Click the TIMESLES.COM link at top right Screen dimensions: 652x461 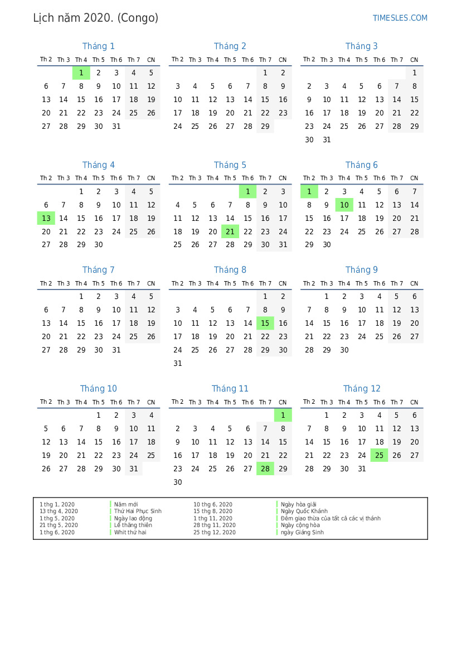(x=400, y=18)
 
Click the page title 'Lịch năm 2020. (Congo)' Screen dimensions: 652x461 (x=96, y=18)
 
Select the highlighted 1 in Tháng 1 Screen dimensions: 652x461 (x=81, y=73)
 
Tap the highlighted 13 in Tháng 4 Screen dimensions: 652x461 (x=46, y=218)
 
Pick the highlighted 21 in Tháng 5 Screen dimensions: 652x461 (x=230, y=231)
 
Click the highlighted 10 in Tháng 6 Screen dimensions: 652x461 (x=344, y=205)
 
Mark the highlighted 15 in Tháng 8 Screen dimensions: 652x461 (x=265, y=323)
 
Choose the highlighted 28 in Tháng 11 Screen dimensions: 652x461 (x=265, y=469)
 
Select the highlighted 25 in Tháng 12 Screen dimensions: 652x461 (x=379, y=456)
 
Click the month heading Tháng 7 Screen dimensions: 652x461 (x=99, y=270)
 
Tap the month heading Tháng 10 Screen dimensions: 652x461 (x=99, y=389)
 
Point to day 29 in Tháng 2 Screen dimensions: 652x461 (x=265, y=127)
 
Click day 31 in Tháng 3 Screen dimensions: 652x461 (x=327, y=140)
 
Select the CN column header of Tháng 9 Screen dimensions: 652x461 (x=414, y=284)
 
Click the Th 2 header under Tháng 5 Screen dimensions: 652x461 (x=177, y=178)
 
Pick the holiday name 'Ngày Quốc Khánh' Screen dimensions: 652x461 (x=304, y=511)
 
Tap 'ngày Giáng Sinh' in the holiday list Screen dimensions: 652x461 (x=302, y=533)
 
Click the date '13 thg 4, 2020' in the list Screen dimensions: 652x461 (x=59, y=511)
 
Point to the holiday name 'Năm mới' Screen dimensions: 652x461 (x=126, y=504)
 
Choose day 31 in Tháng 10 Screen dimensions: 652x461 (x=134, y=469)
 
